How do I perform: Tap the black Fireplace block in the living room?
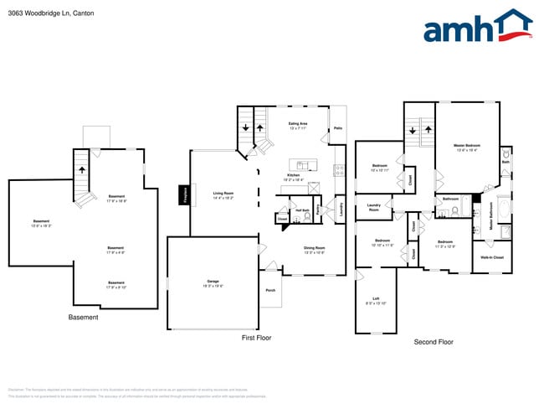tap(183, 194)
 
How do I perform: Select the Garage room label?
tap(213, 282)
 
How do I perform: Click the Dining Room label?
tap(314, 248)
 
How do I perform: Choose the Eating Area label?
tap(298, 125)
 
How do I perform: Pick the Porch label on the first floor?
tap(270, 290)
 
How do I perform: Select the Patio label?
tap(337, 128)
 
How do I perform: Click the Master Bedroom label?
tap(465, 145)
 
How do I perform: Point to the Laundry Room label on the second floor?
tap(374, 207)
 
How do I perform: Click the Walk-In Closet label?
tap(493, 257)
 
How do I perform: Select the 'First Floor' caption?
tap(257, 337)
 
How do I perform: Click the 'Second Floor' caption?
tap(434, 342)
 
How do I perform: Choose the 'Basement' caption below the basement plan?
tap(83, 318)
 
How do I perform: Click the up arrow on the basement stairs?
tap(82, 168)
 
